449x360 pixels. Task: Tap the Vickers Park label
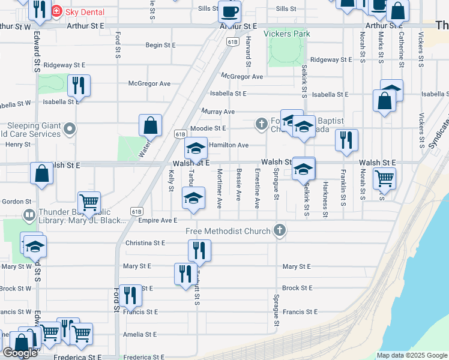[x=287, y=34]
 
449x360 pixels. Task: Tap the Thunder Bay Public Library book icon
[x=28, y=214]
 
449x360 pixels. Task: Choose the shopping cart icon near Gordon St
[x=89, y=203]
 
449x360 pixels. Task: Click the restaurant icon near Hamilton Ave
[x=346, y=140]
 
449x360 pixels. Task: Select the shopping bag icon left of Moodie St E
[x=150, y=125]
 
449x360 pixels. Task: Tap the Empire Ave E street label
[x=157, y=220]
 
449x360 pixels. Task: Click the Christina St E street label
[x=145, y=243]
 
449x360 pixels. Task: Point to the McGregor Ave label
[x=242, y=77]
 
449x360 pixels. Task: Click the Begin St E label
[x=160, y=45]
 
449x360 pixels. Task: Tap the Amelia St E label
[x=139, y=334]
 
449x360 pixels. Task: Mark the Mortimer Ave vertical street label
[x=220, y=188]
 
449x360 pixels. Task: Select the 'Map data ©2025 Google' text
[x=411, y=355]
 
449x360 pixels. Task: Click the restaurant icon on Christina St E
[x=199, y=250]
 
